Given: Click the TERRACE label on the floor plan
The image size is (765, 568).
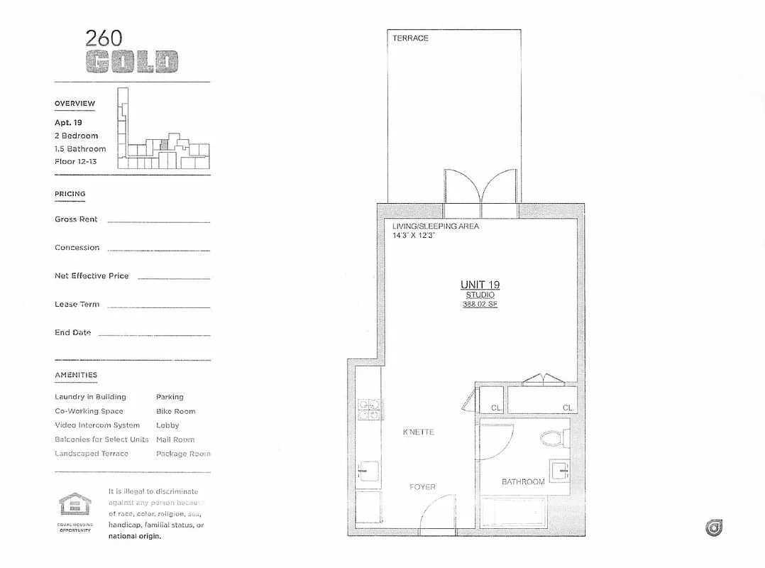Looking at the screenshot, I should pos(410,38).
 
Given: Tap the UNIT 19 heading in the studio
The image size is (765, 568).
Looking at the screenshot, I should pos(480,285).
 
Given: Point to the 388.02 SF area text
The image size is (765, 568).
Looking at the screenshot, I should pos(480,305).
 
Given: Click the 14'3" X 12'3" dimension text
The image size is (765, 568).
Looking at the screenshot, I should pos(414,235).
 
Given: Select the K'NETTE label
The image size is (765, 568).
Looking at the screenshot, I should pos(418,432).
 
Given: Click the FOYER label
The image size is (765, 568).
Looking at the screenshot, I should pos(422,487).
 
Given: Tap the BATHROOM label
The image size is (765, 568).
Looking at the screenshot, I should pos(523,482).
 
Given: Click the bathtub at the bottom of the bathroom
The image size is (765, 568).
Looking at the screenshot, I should pos(514,515).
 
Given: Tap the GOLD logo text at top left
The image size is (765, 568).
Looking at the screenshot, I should pos(131,62).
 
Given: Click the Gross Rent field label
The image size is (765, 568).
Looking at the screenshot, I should pos(76,219).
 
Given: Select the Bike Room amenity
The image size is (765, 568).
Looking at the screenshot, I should pos(175,411).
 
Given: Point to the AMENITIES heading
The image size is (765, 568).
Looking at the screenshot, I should pos(76,375).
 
